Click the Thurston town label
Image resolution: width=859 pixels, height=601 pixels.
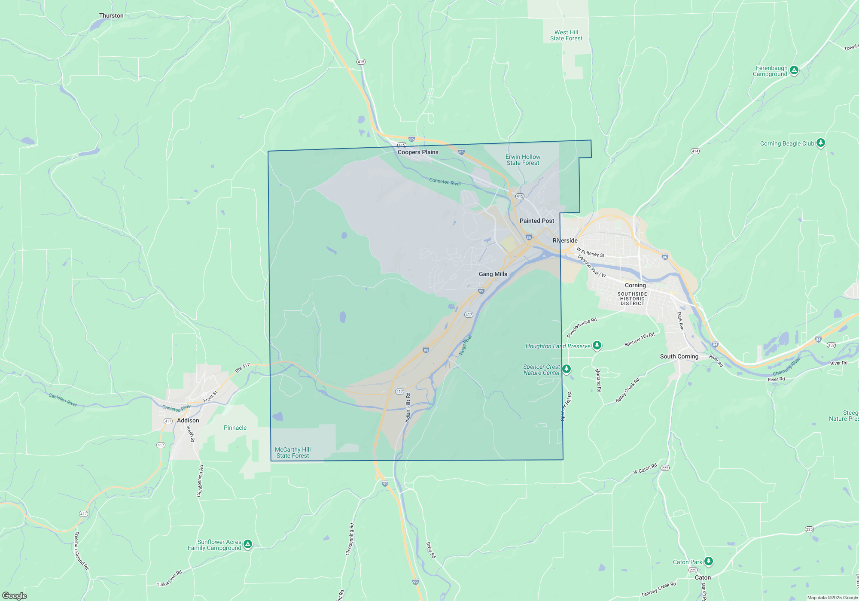tap(111, 16)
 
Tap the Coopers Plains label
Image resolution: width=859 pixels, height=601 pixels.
tap(418, 152)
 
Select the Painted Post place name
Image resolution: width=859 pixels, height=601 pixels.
tap(537, 221)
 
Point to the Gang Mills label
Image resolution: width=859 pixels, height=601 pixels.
tap(493, 274)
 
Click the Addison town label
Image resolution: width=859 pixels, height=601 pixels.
tap(188, 420)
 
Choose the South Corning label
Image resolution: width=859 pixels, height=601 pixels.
tap(679, 356)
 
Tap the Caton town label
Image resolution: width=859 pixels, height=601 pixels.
tap(703, 577)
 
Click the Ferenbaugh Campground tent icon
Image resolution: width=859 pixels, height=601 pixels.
tap(794, 70)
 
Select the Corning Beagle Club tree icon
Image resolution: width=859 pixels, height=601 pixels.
tap(821, 143)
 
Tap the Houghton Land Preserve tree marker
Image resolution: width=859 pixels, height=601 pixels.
tap(597, 345)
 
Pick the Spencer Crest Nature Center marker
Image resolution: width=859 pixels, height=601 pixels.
tap(567, 369)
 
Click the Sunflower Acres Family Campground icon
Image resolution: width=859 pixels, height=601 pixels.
tap(248, 544)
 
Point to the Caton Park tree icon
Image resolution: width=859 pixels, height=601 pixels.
tap(709, 561)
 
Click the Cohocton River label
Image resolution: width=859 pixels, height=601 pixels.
tap(445, 182)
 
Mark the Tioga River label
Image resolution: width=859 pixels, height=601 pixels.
tap(465, 345)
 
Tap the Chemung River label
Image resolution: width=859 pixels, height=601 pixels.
tap(786, 366)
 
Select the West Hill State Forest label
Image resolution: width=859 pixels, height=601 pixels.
tap(566, 35)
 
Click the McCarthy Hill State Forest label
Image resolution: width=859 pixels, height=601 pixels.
tap(292, 452)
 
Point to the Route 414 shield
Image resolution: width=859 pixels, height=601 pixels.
tap(695, 151)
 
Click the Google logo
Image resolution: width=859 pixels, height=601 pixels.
tap(15, 595)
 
